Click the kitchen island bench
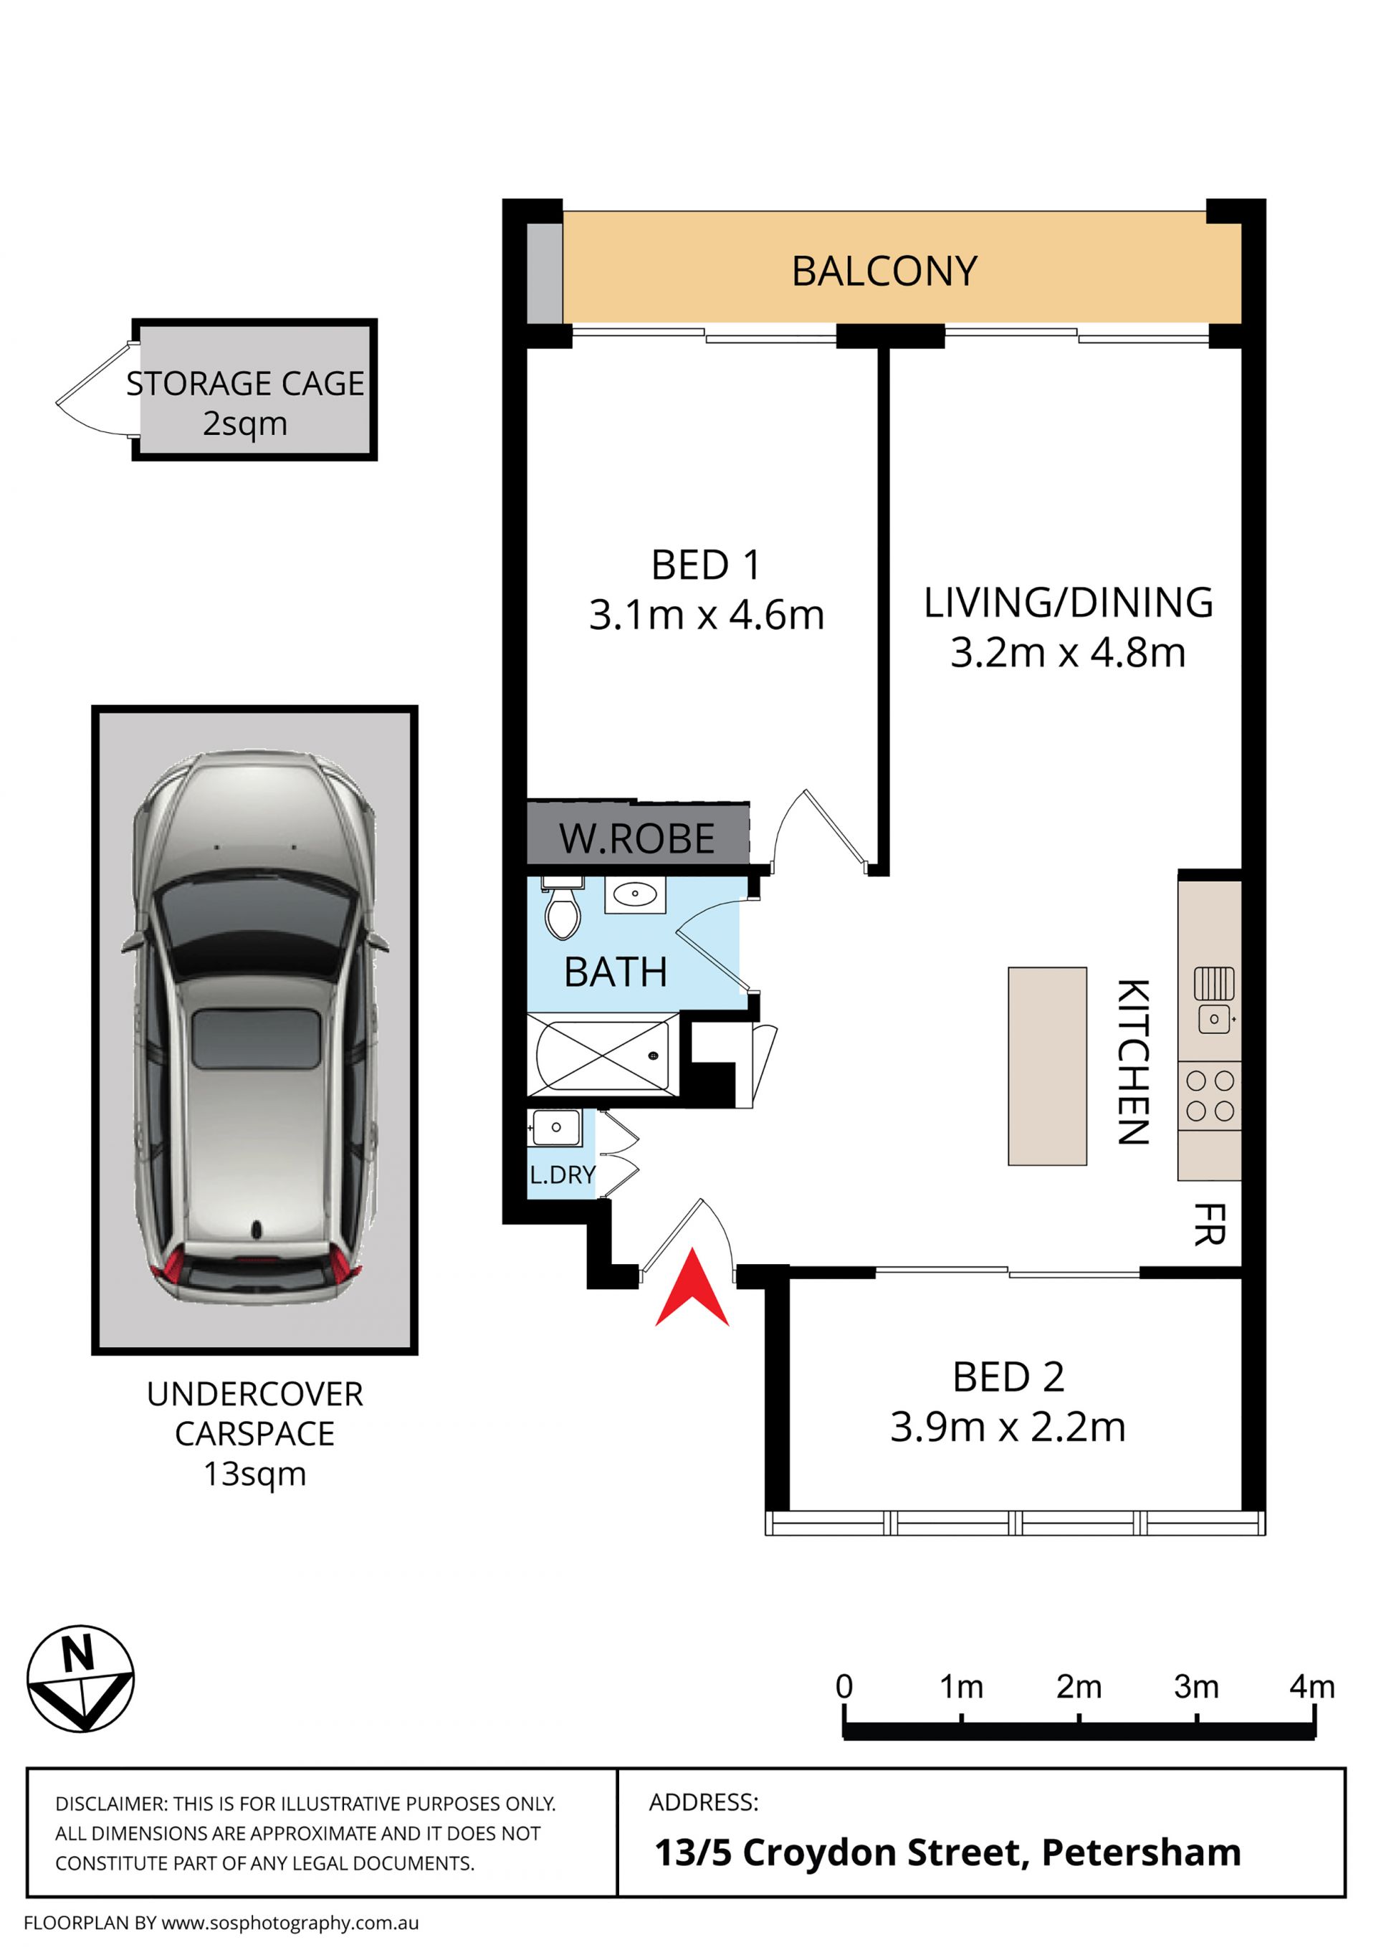click(1047, 1066)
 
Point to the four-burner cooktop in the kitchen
click(1210, 1096)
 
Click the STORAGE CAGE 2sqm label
click(245, 403)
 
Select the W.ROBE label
click(636, 838)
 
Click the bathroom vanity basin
click(634, 894)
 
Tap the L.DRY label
click(563, 1175)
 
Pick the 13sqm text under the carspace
click(254, 1474)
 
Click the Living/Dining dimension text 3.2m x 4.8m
click(1068, 652)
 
